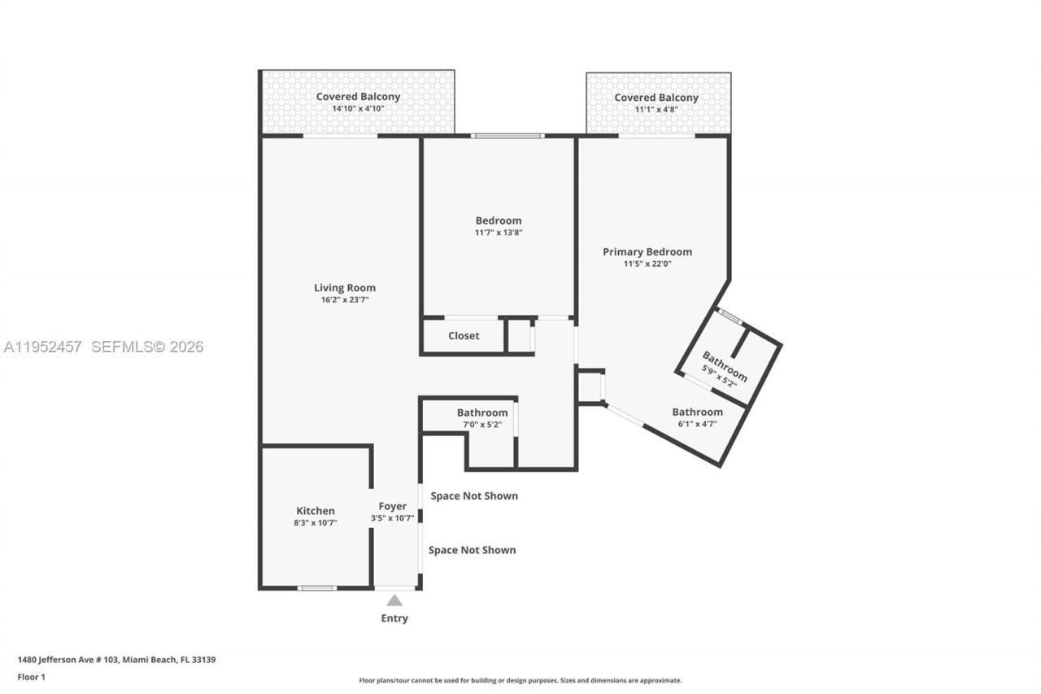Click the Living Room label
tap(345, 287)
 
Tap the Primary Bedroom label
tap(647, 251)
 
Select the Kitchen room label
tap(315, 511)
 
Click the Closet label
tap(464, 335)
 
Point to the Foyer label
tap(393, 506)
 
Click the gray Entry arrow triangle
tap(394, 600)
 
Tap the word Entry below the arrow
tap(394, 618)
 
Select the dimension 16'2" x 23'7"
tap(345, 300)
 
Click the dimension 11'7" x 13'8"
tap(499, 233)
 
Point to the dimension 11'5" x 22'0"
tap(647, 264)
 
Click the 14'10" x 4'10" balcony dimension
tap(358, 109)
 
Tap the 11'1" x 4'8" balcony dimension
tap(656, 109)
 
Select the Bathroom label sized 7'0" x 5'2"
tap(482, 412)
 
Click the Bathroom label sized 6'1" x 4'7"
tap(697, 412)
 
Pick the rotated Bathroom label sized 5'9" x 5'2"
tap(725, 367)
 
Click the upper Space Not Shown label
tap(474, 495)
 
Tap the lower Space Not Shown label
tap(472, 550)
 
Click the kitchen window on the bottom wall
tap(316, 587)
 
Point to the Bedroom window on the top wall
tap(507, 136)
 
